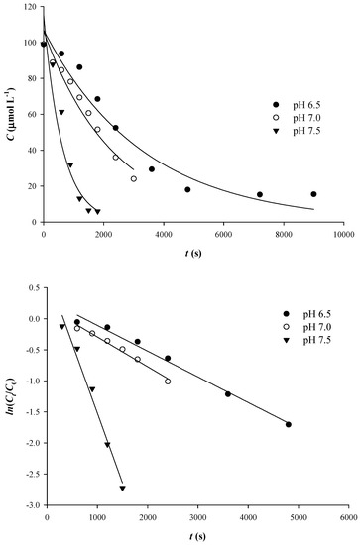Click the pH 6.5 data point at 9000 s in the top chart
pyautogui.click(x=313, y=194)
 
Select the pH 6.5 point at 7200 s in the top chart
pyautogui.click(x=260, y=195)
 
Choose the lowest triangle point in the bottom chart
pyautogui.click(x=122, y=489)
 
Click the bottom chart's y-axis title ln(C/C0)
pyautogui.click(x=9, y=396)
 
